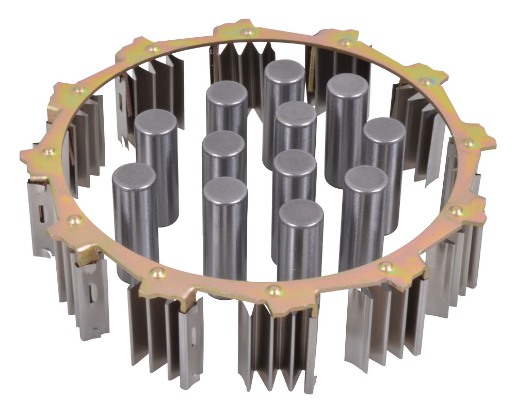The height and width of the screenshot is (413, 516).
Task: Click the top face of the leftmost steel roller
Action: pos(133,174)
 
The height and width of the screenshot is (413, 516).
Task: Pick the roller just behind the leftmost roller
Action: pos(156,120)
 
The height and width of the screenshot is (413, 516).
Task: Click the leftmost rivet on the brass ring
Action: pos(49,151)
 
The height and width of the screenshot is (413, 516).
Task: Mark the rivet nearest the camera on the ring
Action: pos(270,288)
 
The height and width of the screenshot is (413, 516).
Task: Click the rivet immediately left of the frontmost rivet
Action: pos(155,272)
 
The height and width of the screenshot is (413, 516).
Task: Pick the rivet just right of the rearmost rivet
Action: pos(345,42)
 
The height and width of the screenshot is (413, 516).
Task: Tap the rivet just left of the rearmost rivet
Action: pos(152,49)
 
